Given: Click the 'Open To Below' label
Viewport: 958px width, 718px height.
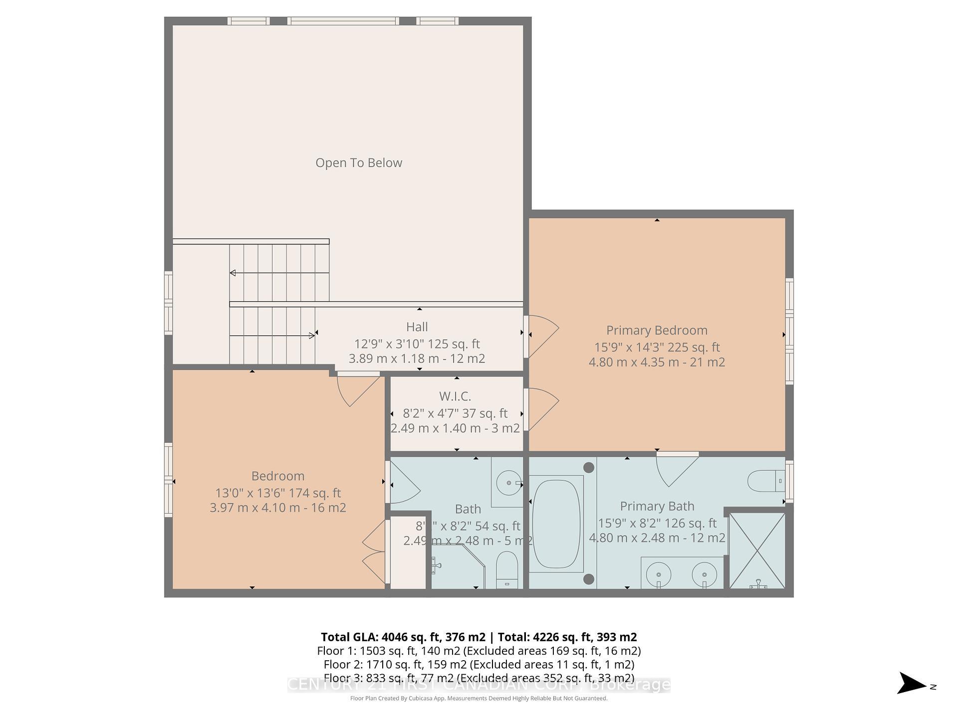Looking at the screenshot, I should pyautogui.click(x=358, y=163).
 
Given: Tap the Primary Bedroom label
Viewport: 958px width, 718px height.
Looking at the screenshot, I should pyautogui.click(x=657, y=330).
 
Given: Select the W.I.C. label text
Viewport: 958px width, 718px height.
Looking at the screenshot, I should pyautogui.click(x=455, y=396).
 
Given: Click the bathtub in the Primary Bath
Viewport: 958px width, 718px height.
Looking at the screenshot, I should pyautogui.click(x=556, y=523).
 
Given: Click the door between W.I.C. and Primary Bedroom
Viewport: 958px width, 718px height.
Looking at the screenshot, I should pyautogui.click(x=542, y=409).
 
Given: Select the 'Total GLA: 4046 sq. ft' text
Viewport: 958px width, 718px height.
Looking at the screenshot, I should pyautogui.click(x=403, y=637).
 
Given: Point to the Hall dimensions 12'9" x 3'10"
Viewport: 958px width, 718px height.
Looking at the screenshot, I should pyautogui.click(x=417, y=344).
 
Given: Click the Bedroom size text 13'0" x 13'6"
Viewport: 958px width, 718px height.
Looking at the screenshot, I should pyautogui.click(x=277, y=493).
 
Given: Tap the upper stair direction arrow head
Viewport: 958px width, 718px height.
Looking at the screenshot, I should pyautogui.click(x=233, y=273).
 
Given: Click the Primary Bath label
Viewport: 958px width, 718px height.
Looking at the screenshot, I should pyautogui.click(x=657, y=506).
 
